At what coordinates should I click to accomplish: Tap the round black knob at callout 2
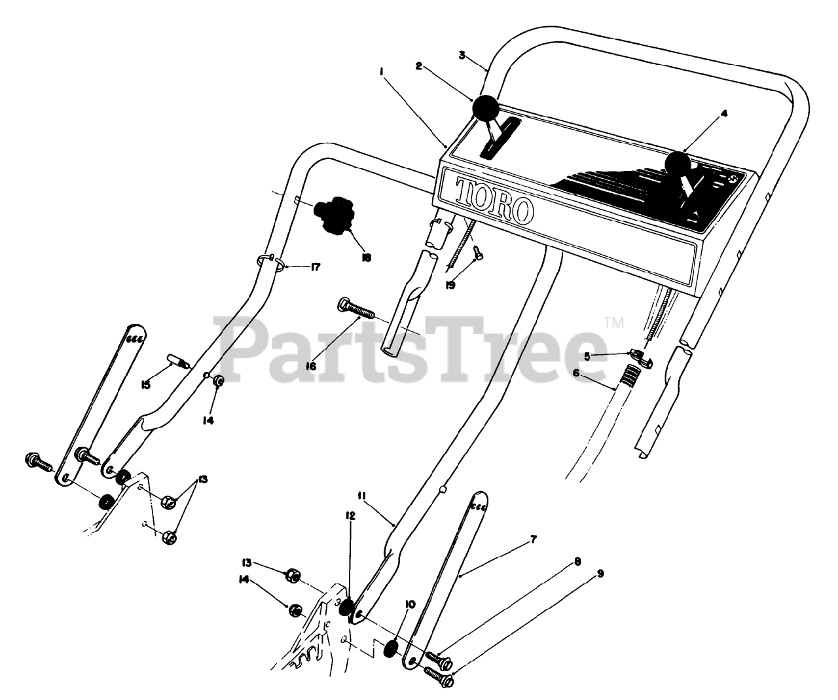[x=486, y=108]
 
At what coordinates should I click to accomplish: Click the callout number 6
[x=576, y=372]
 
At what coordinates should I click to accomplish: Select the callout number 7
[x=534, y=540]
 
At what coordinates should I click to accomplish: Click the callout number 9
[x=600, y=574]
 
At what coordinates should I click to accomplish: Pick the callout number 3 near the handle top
[x=462, y=56]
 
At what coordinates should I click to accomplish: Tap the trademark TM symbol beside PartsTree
[x=615, y=322]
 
